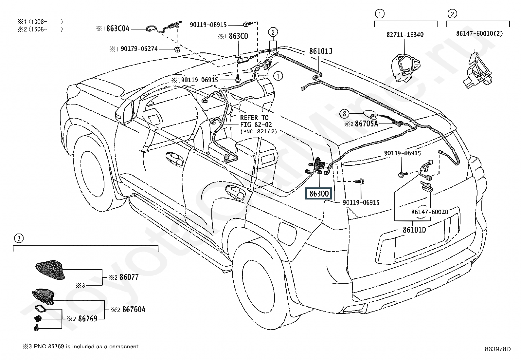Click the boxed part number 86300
point(319,194)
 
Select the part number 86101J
point(320,51)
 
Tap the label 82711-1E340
point(405,35)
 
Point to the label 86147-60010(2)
point(479,33)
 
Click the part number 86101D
point(414,230)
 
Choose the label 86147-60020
point(430,212)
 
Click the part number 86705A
point(366,123)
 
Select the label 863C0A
point(118,28)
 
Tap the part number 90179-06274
point(139,49)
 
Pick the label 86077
point(129,277)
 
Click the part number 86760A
point(134,310)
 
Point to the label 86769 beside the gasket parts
point(88,318)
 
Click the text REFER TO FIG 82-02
point(256,121)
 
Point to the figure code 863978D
point(498,349)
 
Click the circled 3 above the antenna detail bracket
point(19,238)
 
